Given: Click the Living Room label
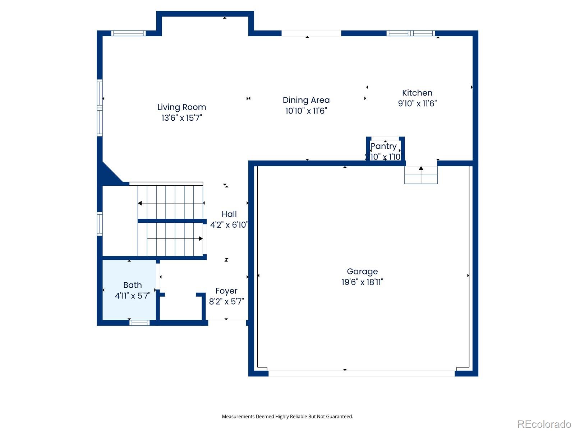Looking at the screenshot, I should (181, 107).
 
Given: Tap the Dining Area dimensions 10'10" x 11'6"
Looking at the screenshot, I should (306, 111).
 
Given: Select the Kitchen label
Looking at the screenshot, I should (417, 93).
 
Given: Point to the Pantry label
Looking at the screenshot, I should (383, 146).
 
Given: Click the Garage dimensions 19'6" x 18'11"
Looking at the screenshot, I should (362, 282).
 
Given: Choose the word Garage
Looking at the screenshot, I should (362, 272).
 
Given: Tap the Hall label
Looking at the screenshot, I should (229, 214).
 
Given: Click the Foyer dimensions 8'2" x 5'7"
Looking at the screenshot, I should (226, 301).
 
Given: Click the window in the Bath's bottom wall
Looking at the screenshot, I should (139, 323).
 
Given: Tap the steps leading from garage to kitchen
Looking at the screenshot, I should (421, 175).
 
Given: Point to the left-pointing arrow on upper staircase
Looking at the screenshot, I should (140, 203).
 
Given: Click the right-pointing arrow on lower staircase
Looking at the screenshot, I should (201, 238).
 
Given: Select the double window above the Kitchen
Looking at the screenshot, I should (410, 33).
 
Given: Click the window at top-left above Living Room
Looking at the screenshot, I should (128, 33).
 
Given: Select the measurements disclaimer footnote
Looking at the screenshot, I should (287, 417).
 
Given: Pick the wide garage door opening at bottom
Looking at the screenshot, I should (361, 374).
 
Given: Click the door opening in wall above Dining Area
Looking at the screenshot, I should (311, 33).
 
